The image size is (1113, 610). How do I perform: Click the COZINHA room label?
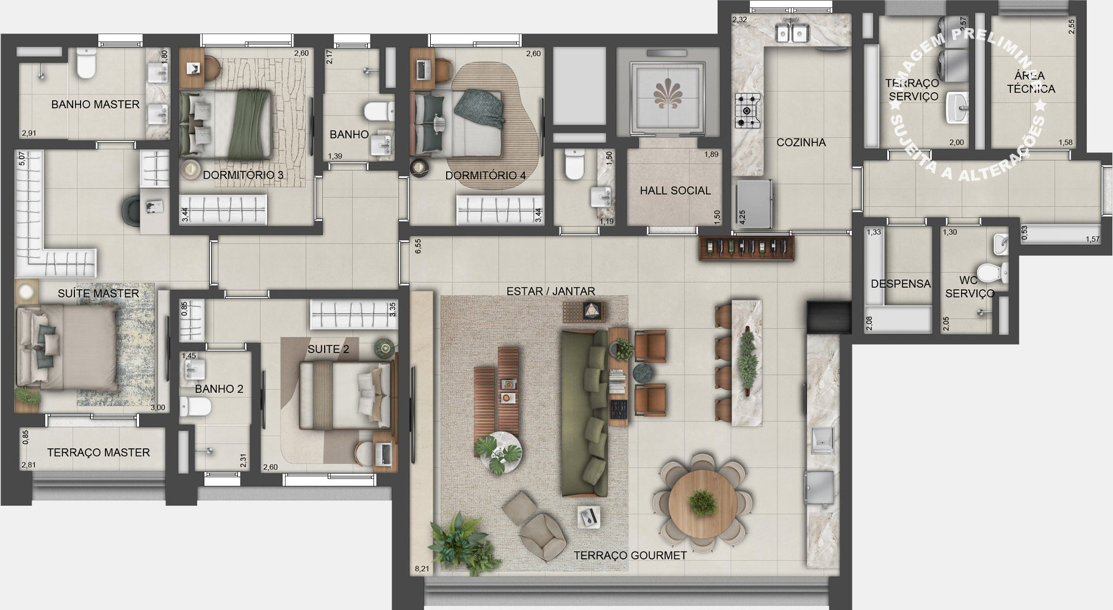pos(801,142)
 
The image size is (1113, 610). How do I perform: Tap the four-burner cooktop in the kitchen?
pos(747,110)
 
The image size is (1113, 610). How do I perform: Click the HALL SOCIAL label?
pos(675,190)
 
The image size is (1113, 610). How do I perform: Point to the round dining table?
pos(700,503)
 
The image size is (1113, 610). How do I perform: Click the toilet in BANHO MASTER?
pos(86,65)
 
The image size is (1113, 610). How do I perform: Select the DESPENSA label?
pos(901,284)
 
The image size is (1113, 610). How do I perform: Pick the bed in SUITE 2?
pos(345,395)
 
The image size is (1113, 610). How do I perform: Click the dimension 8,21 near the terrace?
pos(422,569)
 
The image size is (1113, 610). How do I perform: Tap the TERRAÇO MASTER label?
pos(98,452)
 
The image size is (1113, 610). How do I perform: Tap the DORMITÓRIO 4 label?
pos(485,176)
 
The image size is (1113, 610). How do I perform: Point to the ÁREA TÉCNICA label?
pos(1031,82)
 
